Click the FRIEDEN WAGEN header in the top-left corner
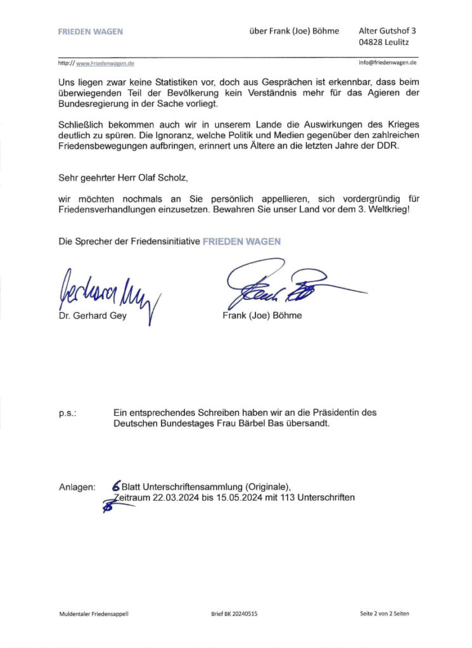coord(91,31)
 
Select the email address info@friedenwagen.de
coord(387,63)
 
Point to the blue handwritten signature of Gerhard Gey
coord(108,292)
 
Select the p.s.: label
coord(68,413)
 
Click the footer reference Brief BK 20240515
coord(234,614)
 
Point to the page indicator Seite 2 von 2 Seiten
coord(388,614)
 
